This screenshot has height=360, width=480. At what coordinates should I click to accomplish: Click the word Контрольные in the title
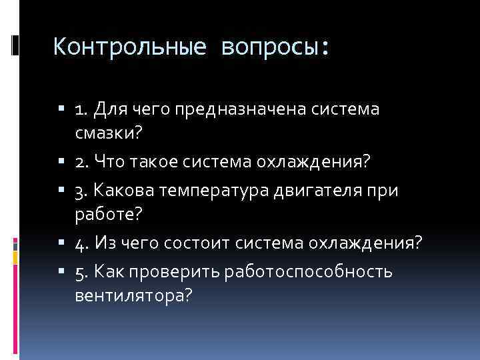point(127,47)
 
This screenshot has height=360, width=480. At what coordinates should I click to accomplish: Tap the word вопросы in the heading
point(274,47)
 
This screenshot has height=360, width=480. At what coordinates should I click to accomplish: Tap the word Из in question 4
point(105,243)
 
